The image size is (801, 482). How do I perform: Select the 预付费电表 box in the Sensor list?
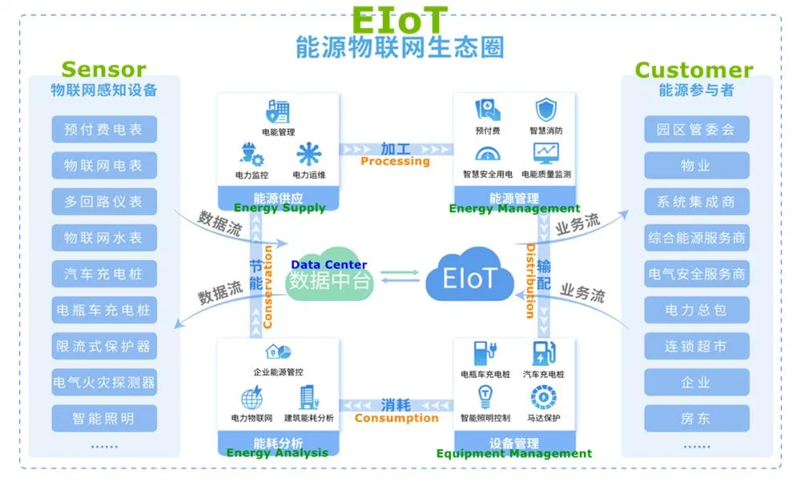[x=104, y=130]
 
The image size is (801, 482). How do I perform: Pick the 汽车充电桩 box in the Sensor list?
[x=104, y=274]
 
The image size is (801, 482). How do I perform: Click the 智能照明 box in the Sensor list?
[x=104, y=419]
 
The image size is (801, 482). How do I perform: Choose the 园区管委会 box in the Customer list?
[x=696, y=130]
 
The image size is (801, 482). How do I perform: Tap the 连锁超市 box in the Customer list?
[x=696, y=347]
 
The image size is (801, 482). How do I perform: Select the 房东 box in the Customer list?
[x=696, y=419]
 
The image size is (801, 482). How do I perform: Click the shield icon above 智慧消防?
[x=546, y=110]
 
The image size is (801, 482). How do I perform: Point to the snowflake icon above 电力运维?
[x=308, y=154]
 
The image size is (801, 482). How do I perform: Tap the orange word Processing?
[x=395, y=161]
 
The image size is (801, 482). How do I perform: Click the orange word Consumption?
[x=396, y=418]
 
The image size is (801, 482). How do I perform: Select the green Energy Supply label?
[x=280, y=208]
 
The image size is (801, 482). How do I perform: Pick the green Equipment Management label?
[x=514, y=454]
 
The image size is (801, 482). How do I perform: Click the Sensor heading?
[x=103, y=70]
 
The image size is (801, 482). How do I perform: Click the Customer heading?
[x=694, y=70]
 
